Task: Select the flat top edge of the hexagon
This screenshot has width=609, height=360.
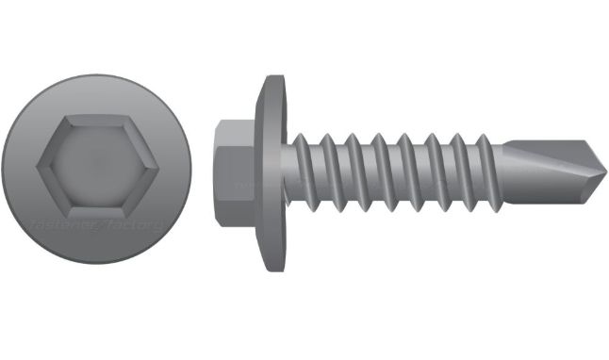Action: pos(96,117)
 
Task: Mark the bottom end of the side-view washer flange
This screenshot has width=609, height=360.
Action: pos(272,270)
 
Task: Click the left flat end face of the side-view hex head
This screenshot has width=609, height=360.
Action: pos(216,172)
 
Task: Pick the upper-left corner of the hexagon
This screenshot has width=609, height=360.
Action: pos(66,118)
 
